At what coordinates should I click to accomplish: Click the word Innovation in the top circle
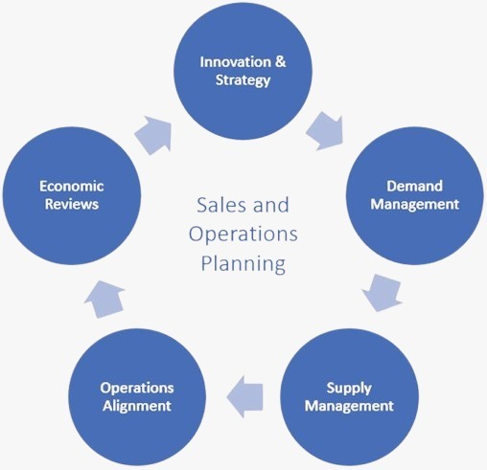coord(235,62)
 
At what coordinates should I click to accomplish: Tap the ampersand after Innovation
coord(280,61)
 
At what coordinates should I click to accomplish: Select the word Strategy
coord(243,80)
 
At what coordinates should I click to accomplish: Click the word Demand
coord(414,186)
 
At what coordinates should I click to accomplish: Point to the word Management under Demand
coord(415,204)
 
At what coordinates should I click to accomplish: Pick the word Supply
coord(349,389)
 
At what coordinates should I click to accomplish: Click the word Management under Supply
coord(349,406)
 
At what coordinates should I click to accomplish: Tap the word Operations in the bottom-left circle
coord(137,389)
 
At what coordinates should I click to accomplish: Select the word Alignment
coord(137,406)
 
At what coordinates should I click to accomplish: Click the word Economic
coord(72,186)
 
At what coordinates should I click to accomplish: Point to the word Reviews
coord(72,204)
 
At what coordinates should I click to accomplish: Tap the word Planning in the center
coord(243,264)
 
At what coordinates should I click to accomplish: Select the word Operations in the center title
coord(243,235)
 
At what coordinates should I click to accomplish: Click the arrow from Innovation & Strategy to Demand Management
coord(325,131)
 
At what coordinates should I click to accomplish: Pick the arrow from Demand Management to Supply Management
coord(382,293)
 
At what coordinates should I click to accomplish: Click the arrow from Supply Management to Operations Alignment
coord(244,396)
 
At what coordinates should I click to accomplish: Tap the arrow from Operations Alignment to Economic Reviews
coord(104,299)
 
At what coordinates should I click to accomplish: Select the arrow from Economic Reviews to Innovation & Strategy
coord(153,135)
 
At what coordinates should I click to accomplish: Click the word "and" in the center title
coord(271,205)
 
